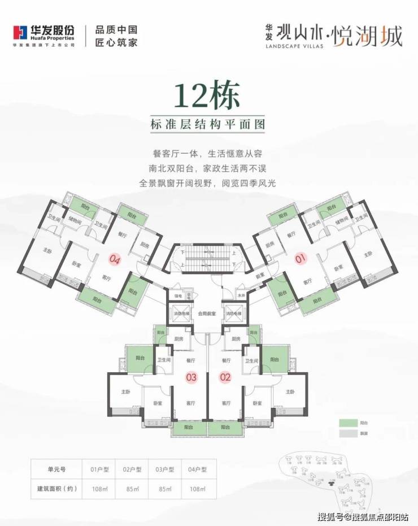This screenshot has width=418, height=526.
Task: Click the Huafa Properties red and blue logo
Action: pyautogui.click(x=21, y=34)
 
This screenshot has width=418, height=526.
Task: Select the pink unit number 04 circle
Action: pyautogui.click(x=115, y=260)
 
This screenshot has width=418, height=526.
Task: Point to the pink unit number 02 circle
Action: pyautogui.click(x=225, y=376)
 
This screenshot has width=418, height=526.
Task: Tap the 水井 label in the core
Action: pyautogui.click(x=241, y=295)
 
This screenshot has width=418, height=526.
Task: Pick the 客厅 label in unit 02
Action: pyautogui.click(x=227, y=403)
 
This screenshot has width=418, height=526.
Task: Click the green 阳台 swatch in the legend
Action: pyautogui.click(x=345, y=422)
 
